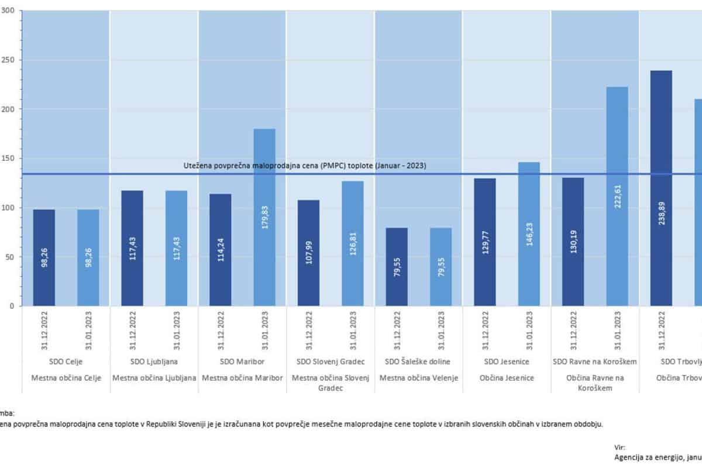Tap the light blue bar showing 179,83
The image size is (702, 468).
pyautogui.click(x=264, y=217)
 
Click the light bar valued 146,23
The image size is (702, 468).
pyautogui.click(x=529, y=234)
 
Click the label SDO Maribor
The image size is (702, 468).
pyautogui.click(x=242, y=362)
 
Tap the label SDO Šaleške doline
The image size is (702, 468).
pyautogui.click(x=418, y=362)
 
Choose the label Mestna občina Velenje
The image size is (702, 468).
pyautogui.click(x=418, y=378)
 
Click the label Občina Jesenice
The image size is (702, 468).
pyautogui.click(x=507, y=378)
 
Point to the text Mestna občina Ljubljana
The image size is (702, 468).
pyautogui.click(x=154, y=378)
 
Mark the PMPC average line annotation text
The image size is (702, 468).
pyautogui.click(x=305, y=166)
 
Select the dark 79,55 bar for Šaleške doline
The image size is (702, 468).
pyautogui.click(x=397, y=267)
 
